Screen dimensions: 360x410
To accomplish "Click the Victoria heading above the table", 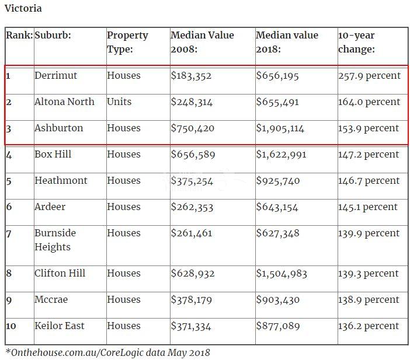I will (23, 9).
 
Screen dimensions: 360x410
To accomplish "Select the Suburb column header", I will (53, 36).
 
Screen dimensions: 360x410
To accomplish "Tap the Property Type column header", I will (127, 42).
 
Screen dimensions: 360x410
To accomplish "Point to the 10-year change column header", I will (356, 42).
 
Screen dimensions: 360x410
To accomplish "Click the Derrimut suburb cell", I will (55, 76).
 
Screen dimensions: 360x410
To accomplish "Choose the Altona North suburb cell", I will (64, 102).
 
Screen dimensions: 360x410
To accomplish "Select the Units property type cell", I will (119, 102).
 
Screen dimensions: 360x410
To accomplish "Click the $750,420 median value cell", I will (192, 128).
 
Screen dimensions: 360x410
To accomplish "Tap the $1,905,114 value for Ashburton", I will (280, 128).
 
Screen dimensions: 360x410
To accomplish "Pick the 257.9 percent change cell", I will (369, 76).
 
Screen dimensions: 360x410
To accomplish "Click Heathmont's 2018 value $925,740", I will (277, 181).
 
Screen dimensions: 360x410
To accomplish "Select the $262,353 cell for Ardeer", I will (192, 207).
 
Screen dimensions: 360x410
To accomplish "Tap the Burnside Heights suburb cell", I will (55, 240).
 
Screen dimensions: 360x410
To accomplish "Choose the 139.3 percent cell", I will (369, 274).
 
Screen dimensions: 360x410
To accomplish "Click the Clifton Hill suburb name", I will (60, 274).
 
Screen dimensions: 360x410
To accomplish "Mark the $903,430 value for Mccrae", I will (277, 300).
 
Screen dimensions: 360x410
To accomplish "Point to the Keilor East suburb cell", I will (59, 326).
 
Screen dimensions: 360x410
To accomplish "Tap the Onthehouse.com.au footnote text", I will (107, 352).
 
